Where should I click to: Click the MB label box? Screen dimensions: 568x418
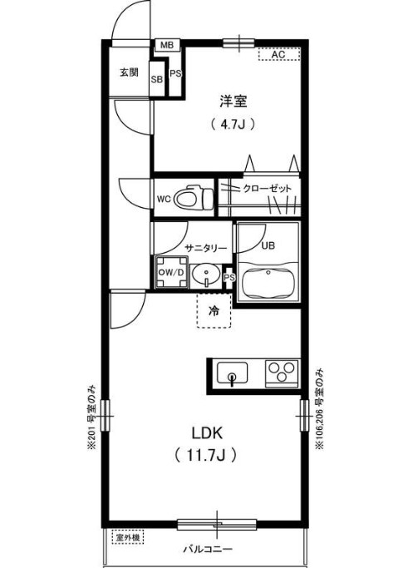tap(166, 45)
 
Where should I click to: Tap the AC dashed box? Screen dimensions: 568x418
tap(277, 55)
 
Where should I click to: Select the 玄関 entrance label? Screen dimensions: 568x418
tap(129, 72)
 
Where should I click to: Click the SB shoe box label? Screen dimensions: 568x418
tap(156, 80)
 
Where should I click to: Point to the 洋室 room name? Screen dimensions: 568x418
tap(233, 101)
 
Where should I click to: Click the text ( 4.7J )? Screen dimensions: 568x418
tap(232, 125)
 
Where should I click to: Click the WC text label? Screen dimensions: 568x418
tap(164, 200)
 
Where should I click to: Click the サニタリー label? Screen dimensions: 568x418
tap(206, 246)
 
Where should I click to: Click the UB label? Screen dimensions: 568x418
tap(268, 245)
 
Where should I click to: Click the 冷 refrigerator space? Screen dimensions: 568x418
tap(214, 312)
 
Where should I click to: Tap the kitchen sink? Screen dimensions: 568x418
tap(233, 373)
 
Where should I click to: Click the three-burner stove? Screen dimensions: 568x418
tap(282, 372)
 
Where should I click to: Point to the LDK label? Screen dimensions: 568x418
tap(207, 433)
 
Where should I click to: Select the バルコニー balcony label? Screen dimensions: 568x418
tap(207, 551)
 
